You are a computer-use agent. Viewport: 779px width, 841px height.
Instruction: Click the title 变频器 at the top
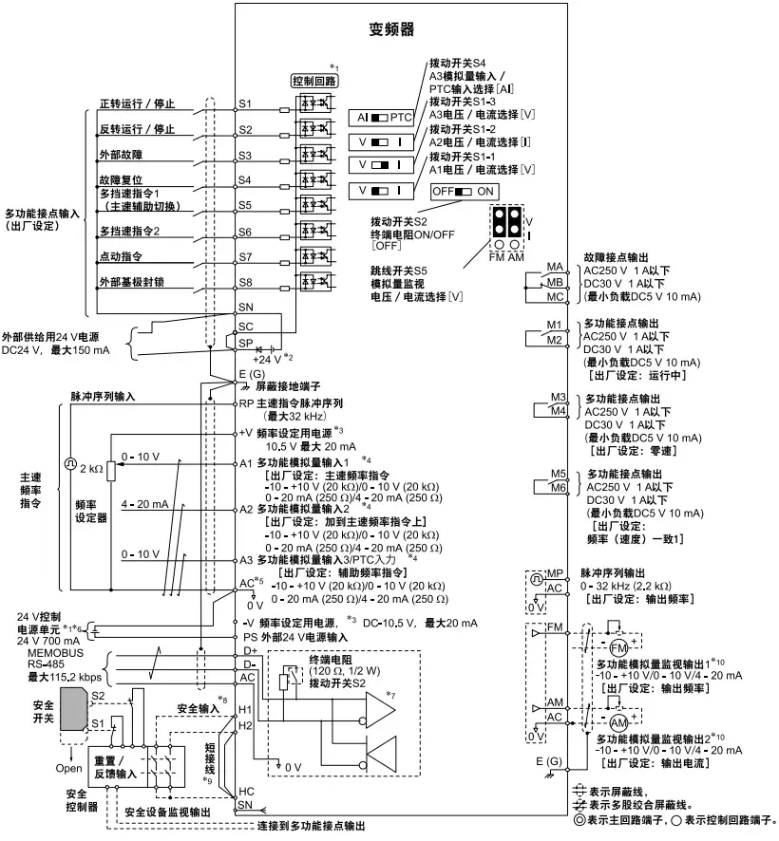(x=390, y=29)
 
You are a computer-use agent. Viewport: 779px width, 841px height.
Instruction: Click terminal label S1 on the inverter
(x=245, y=103)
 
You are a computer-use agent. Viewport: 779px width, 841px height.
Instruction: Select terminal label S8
(x=245, y=282)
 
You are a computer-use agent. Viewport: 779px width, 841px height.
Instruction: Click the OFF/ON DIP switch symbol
(x=461, y=191)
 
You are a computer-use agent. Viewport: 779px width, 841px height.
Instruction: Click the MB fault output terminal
(x=556, y=283)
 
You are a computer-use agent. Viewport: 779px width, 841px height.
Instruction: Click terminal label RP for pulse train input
(x=245, y=402)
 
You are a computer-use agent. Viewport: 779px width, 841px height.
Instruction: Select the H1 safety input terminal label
(x=244, y=710)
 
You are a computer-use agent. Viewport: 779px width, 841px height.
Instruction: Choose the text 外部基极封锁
(x=134, y=282)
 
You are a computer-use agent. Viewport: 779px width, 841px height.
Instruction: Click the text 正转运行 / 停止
(x=138, y=103)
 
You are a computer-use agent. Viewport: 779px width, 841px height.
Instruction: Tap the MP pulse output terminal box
(x=557, y=574)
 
